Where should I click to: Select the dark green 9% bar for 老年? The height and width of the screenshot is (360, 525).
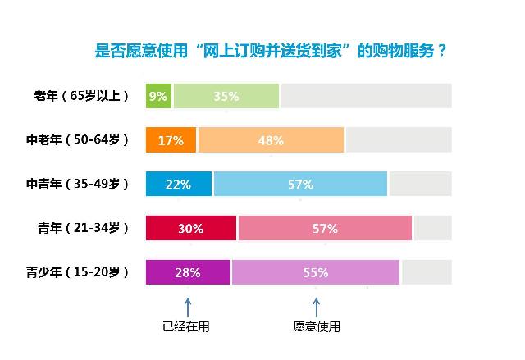coord(158,96)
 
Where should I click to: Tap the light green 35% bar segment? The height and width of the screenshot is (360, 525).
coord(226,96)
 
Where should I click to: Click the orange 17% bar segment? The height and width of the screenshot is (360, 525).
coord(171,140)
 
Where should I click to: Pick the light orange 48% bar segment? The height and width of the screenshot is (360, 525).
coord(271,140)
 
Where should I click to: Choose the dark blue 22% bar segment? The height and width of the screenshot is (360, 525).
coord(178,185)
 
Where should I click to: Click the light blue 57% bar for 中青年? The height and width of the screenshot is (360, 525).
coord(300,185)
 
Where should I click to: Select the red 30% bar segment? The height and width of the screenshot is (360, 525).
coord(190,229)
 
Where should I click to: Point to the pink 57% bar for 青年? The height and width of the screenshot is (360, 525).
coord(325,229)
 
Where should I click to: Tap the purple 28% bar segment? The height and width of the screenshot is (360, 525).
coord(188,273)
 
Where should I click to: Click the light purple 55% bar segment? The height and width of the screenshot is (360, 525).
coord(316,273)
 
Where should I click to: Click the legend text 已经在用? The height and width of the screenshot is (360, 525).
coord(187,327)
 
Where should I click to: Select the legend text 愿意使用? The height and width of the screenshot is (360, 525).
coord(317,327)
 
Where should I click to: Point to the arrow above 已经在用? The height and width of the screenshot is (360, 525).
coord(187,307)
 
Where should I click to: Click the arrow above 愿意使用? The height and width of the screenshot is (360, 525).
coord(316,307)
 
